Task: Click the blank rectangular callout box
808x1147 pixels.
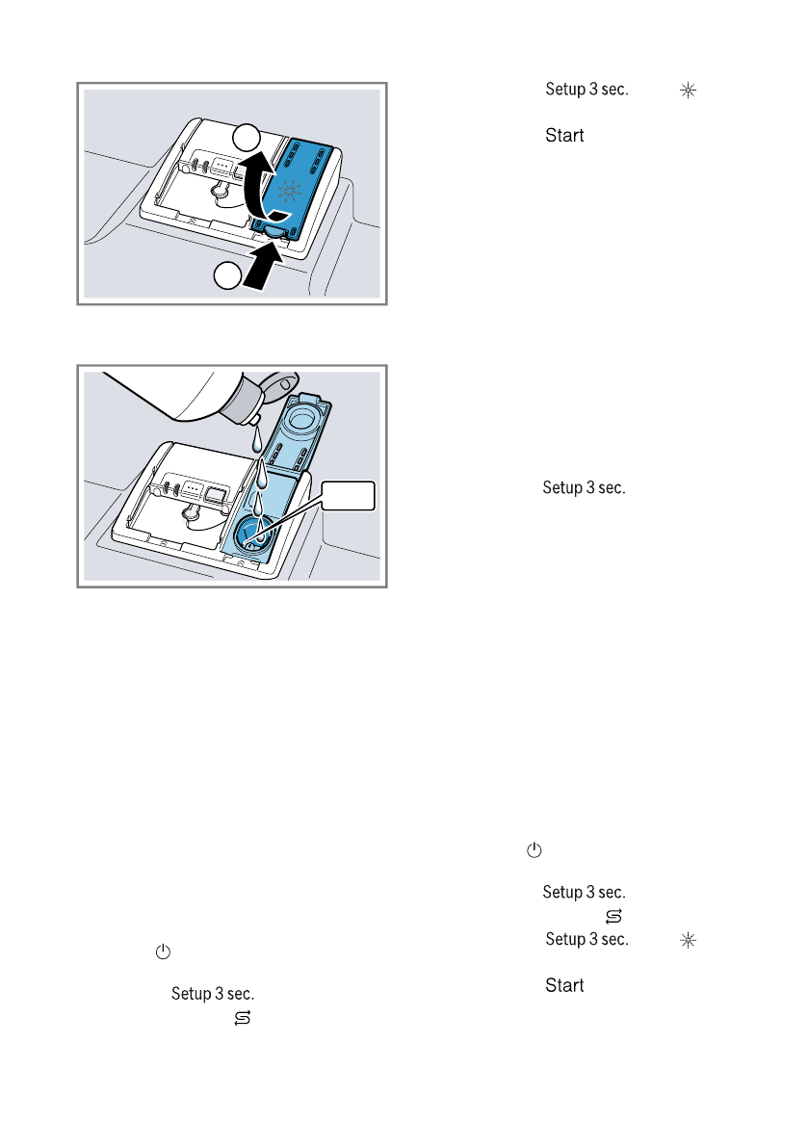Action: pyautogui.click(x=348, y=498)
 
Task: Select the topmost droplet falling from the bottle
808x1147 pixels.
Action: pyautogui.click(x=255, y=440)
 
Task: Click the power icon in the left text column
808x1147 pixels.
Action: pyautogui.click(x=163, y=951)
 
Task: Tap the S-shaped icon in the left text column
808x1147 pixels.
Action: pyautogui.click(x=241, y=1017)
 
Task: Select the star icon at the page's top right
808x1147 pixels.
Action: pyautogui.click(x=687, y=90)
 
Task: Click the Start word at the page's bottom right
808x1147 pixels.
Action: pyautogui.click(x=564, y=986)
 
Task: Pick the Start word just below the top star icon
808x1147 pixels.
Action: pyautogui.click(x=564, y=136)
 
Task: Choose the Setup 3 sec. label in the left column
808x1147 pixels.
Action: pyautogui.click(x=213, y=992)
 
